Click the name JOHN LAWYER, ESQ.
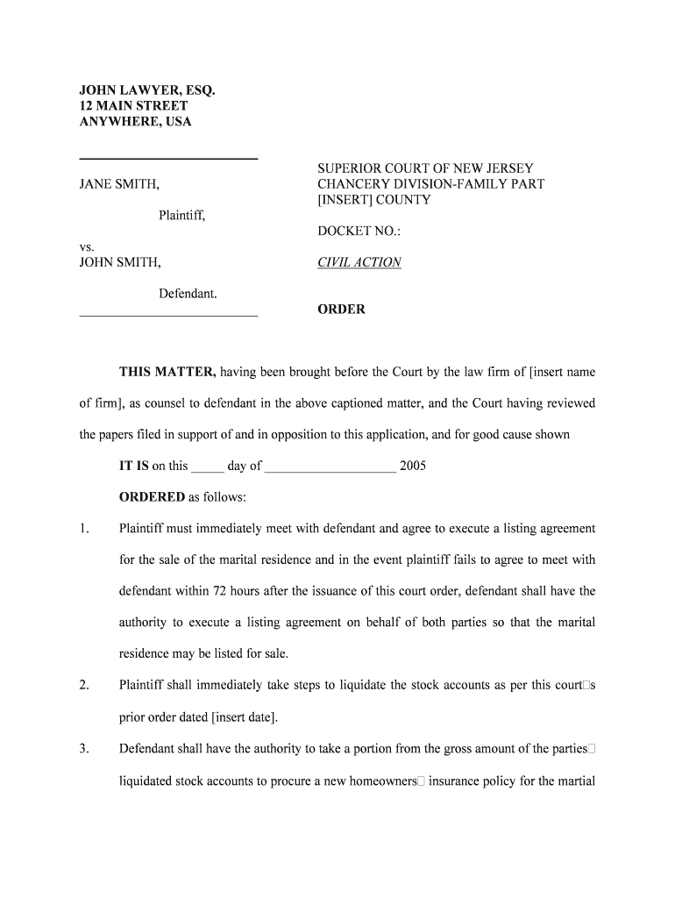coord(146,90)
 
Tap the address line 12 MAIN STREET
coord(133,106)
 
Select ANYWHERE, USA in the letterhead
coord(135,122)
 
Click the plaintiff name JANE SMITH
coord(119,184)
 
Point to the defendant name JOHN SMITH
coord(120,262)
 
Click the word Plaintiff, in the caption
coord(182,215)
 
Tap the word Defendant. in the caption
coord(188,294)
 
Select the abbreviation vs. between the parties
coord(87,247)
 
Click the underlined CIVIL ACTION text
coord(359,262)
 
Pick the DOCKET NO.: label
coord(359,232)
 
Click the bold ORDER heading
coord(341,310)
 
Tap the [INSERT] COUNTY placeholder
coord(374,200)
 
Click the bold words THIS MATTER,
coord(167,372)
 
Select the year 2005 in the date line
coord(413,466)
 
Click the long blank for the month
coord(330,466)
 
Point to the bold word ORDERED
coord(152,497)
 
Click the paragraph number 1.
coord(84,529)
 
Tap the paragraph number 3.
coord(84,749)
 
